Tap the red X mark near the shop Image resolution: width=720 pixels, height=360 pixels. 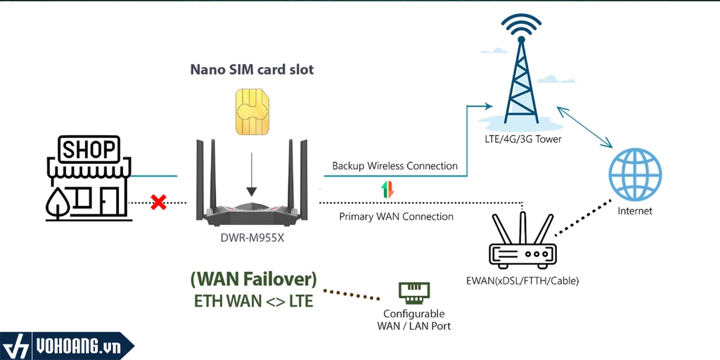coord(159,202)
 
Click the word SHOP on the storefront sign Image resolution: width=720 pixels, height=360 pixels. coord(89,150)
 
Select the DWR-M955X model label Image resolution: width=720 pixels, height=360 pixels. coord(251,238)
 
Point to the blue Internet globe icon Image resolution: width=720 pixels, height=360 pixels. coord(635,172)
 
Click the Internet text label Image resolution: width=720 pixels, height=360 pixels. coord(635,211)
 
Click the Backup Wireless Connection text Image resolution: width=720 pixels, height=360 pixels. coord(395,166)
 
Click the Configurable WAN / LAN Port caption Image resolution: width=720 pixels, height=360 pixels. coord(414,320)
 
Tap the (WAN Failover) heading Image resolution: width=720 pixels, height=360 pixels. coord(253,279)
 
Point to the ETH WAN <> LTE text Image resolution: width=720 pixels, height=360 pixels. coord(253,301)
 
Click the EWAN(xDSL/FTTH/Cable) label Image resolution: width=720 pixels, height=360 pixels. coord(522,281)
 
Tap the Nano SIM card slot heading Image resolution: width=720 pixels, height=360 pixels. coord(252,70)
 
